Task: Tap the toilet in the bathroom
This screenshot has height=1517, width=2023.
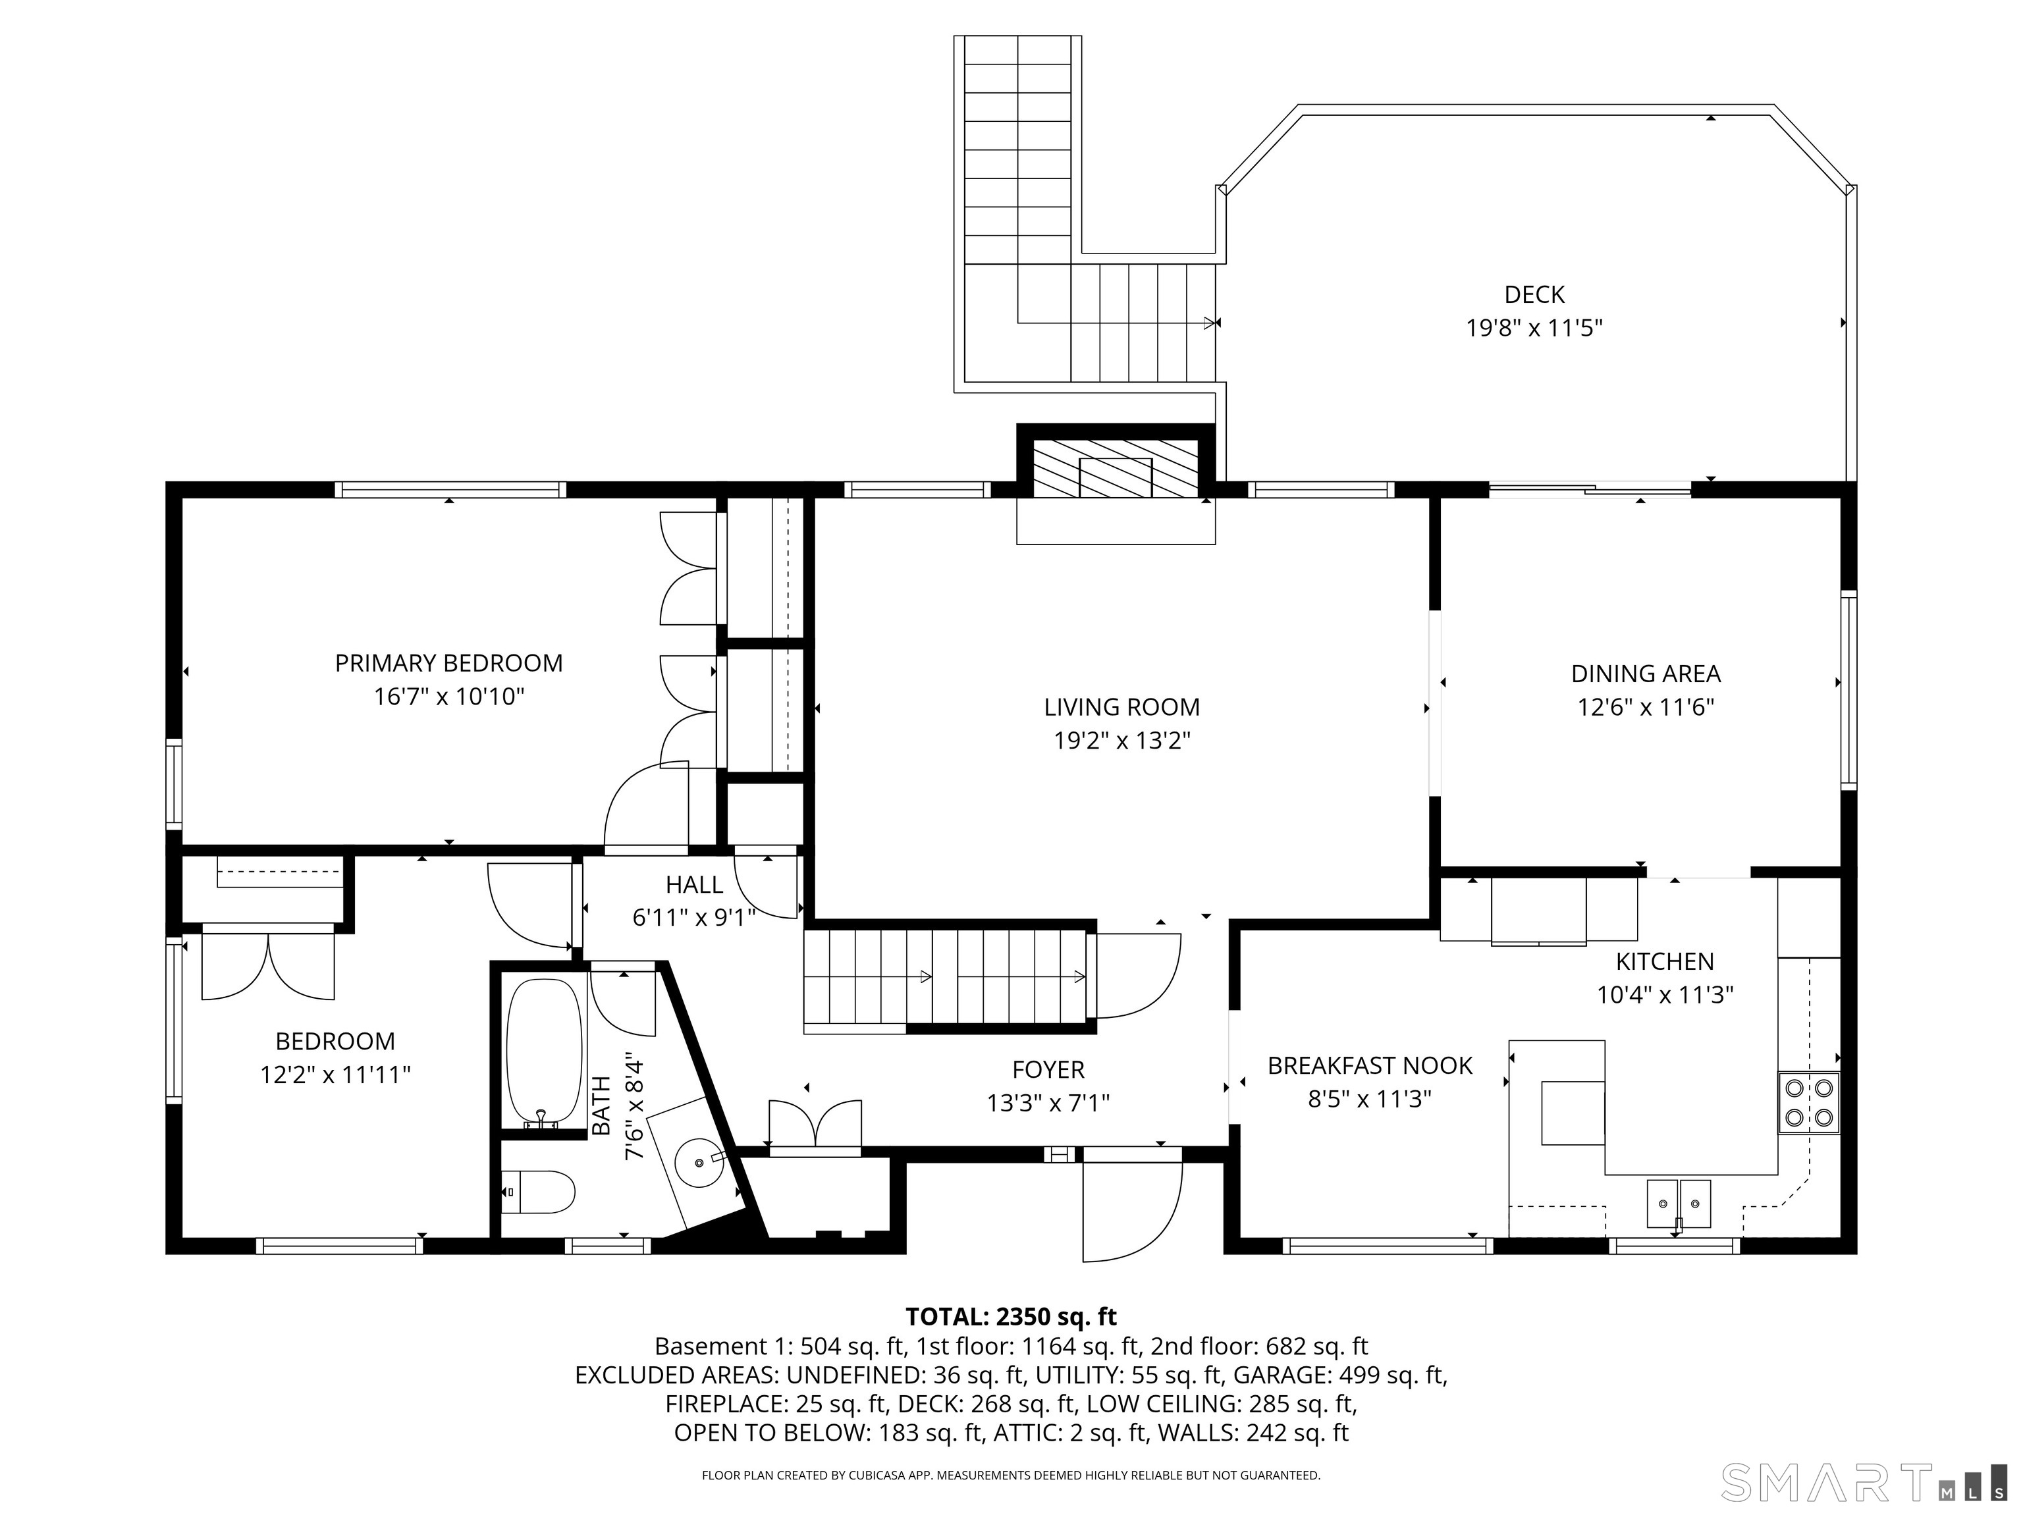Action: [x=539, y=1192]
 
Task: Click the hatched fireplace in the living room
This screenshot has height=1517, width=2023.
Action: [x=1115, y=469]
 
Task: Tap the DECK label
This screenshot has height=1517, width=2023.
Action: [x=1534, y=294]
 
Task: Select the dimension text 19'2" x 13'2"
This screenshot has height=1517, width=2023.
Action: [x=1121, y=741]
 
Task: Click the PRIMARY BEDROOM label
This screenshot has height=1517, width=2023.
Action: [x=448, y=663]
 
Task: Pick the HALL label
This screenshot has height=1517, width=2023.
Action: [x=694, y=884]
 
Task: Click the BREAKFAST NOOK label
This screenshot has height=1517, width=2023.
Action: [x=1369, y=1065]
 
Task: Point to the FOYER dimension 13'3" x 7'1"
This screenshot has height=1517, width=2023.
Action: [x=1048, y=1103]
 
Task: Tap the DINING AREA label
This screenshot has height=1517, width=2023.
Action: [x=1645, y=674]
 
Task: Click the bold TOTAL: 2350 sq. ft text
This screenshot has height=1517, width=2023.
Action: [x=1011, y=1317]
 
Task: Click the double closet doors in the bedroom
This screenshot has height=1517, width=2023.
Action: [x=268, y=965]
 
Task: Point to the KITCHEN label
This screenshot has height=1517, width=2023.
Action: [x=1665, y=961]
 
